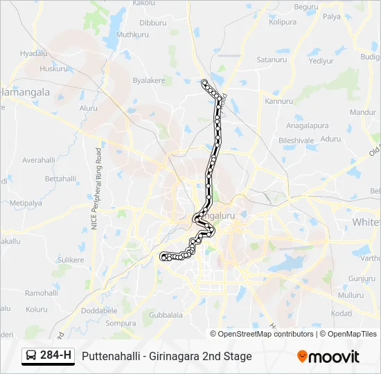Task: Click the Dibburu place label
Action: pos(153,23)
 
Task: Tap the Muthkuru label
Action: pos(134,34)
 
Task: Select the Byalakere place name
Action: pos(149,80)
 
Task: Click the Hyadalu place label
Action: pos(34,53)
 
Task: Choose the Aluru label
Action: pos(89,108)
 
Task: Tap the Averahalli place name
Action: pos(39,159)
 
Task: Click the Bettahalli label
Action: pos(61,178)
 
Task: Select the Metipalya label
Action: pos(26,203)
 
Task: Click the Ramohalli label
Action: pos(42,293)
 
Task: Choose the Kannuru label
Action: pos(279,101)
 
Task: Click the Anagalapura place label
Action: pos(308,126)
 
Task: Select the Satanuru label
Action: pos(272,60)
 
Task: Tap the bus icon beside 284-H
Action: pos(32,356)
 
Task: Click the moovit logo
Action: pos(328,357)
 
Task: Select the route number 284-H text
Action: pos(56,356)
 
